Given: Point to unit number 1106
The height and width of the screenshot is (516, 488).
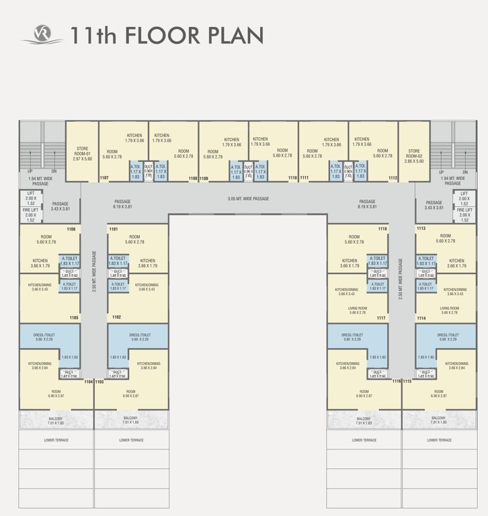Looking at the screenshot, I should pyautogui.click(x=71, y=229).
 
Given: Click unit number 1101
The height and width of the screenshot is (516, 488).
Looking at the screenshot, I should pyautogui.click(x=114, y=229).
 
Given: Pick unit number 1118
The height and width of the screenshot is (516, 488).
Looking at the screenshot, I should pyautogui.click(x=382, y=229).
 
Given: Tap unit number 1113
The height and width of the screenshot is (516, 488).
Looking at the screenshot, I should pyautogui.click(x=421, y=229).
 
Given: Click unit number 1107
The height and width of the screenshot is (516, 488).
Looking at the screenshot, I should pyautogui.click(x=104, y=178).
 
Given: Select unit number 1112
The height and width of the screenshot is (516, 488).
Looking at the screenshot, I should pyautogui.click(x=393, y=178).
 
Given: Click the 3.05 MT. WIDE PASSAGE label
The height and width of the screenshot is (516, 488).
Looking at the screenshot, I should pyautogui.click(x=248, y=199).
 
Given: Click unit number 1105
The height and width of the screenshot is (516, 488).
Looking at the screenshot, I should pyautogui.click(x=74, y=318).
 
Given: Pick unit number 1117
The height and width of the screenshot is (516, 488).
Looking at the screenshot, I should pyautogui.click(x=381, y=318).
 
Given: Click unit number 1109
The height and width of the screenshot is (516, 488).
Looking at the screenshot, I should pyautogui.click(x=204, y=178).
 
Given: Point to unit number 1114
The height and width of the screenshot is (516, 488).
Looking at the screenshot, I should pyautogui.click(x=421, y=318).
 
